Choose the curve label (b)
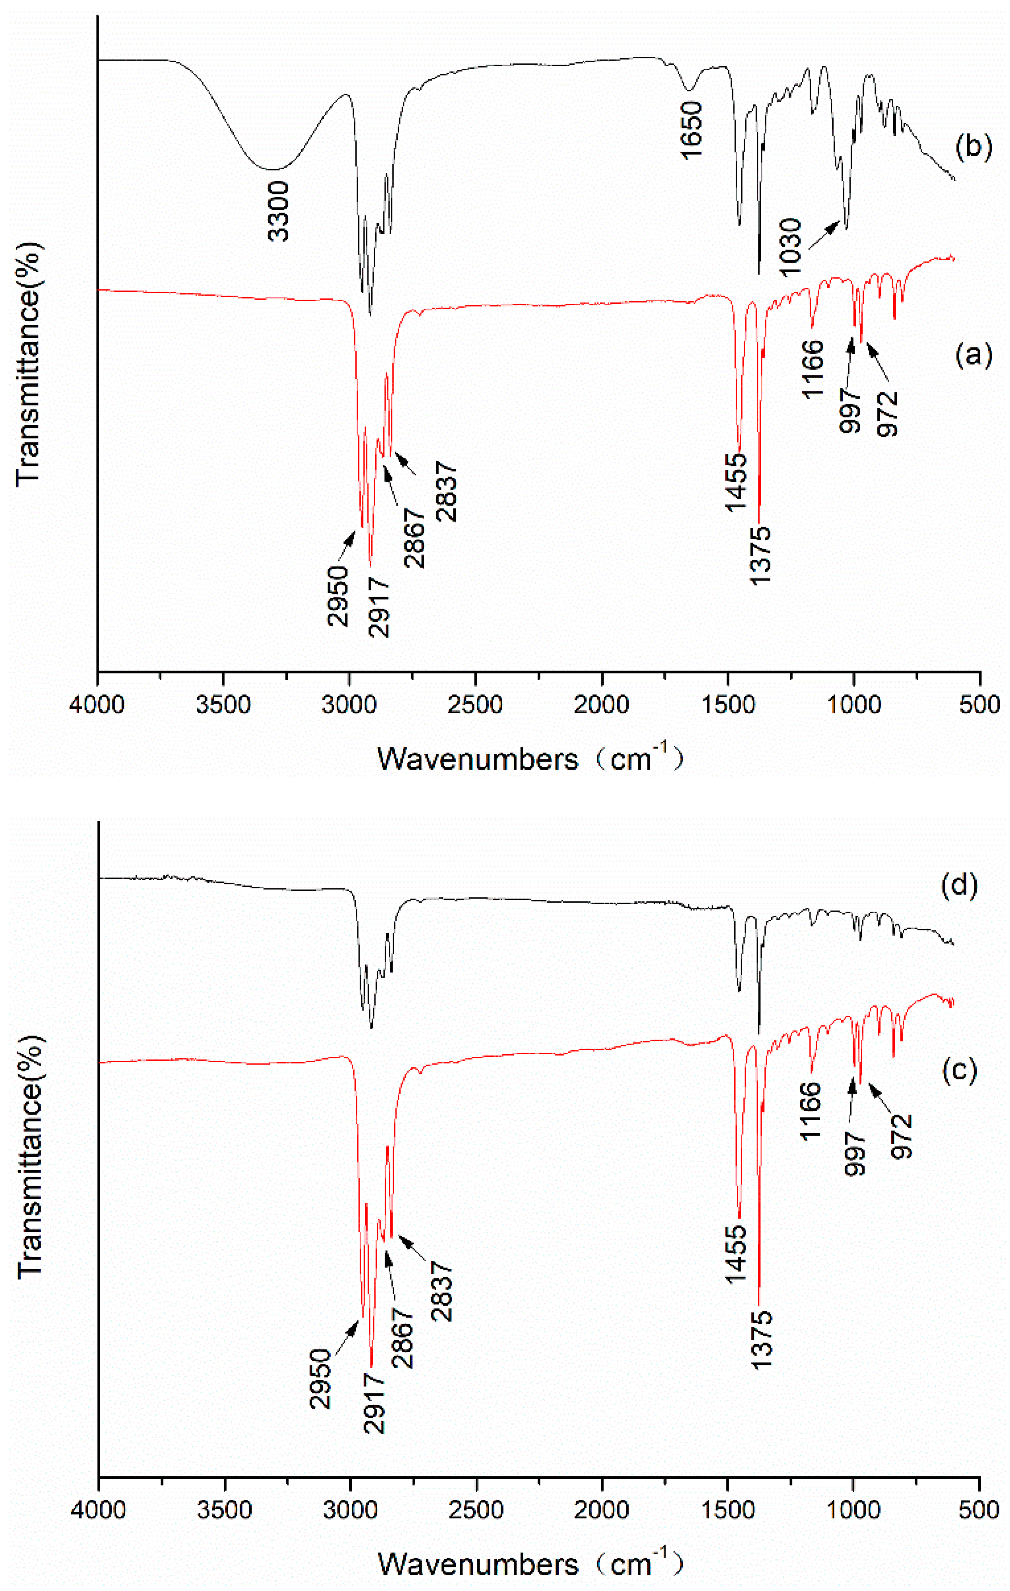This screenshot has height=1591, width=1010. (974, 146)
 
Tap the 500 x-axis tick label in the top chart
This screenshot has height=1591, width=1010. (980, 704)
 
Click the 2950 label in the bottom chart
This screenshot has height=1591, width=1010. (320, 1379)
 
